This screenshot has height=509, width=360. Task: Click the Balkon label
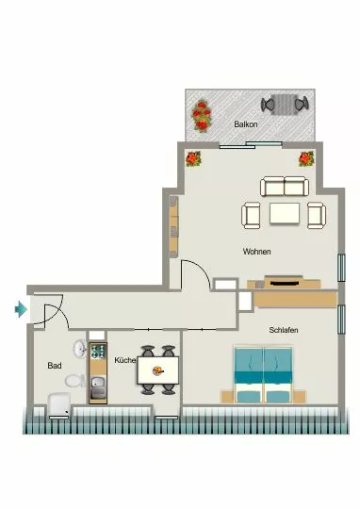(x=246, y=124)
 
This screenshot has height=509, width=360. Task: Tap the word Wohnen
(x=256, y=252)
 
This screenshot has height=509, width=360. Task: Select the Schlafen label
(x=284, y=330)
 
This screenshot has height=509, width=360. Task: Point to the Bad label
(x=55, y=366)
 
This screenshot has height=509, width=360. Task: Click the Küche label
(x=125, y=360)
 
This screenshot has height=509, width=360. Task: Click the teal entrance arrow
(x=21, y=309)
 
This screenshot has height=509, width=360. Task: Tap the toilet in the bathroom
(x=74, y=381)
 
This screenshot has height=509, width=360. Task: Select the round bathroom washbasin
(x=80, y=349)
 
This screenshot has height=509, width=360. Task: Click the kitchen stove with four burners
(x=98, y=351)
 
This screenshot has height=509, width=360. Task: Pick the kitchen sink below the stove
(x=98, y=387)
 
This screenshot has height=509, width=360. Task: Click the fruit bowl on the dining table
(x=158, y=370)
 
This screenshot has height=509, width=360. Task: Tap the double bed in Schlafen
(x=263, y=375)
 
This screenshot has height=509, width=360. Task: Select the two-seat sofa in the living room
(x=285, y=187)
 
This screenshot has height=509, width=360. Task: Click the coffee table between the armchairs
(x=285, y=213)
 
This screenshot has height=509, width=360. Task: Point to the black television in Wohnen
(x=285, y=284)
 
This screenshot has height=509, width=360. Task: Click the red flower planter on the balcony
(x=202, y=116)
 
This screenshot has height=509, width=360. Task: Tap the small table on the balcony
(x=284, y=105)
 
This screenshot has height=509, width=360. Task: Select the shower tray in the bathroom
(x=59, y=404)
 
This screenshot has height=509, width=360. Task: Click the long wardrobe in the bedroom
(x=295, y=300)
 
